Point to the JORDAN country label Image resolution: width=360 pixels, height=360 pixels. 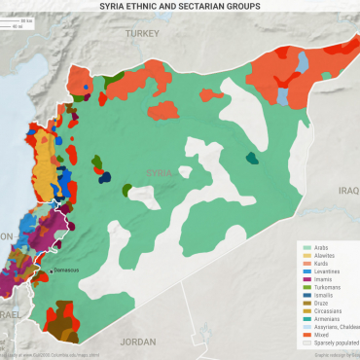[x=138, y=342]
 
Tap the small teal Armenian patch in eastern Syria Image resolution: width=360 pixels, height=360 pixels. [x=253, y=159]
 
